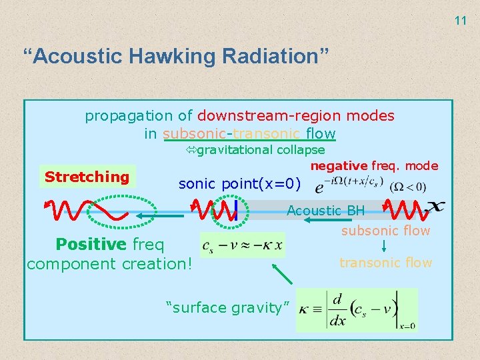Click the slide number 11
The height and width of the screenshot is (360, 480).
point(461,21)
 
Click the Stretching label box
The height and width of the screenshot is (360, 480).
point(87,177)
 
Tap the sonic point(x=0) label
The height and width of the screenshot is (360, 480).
point(240,184)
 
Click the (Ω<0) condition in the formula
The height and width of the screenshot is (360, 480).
point(407,186)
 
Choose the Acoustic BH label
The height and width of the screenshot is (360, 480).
point(325,211)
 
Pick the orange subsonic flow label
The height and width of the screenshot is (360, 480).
point(385,231)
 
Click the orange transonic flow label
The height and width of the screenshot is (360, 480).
point(385,263)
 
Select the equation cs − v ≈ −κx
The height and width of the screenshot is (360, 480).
point(243,245)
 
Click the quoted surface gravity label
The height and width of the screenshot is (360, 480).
point(226,307)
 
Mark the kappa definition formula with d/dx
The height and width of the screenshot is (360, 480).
point(356,310)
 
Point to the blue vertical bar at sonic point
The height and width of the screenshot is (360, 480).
point(236,211)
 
